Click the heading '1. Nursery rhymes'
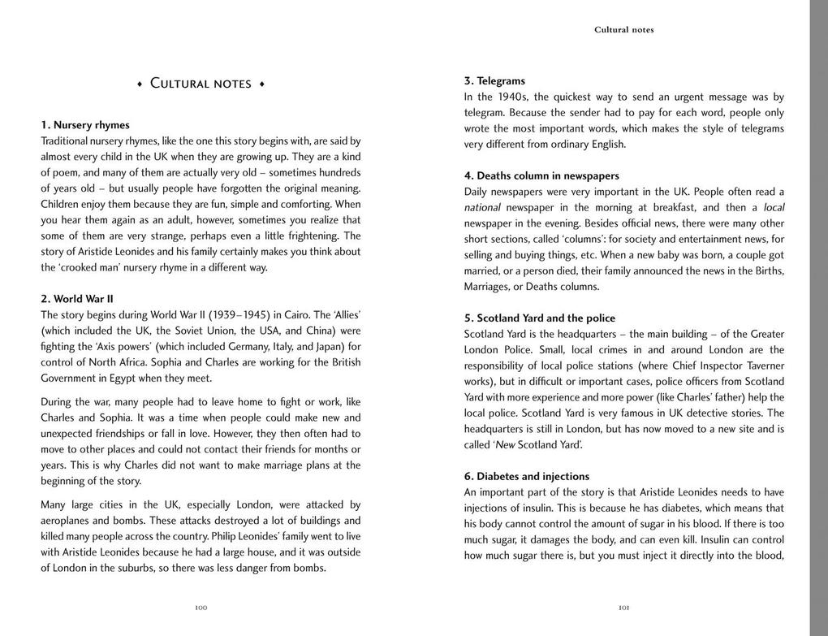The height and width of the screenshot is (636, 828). pyautogui.click(x=85, y=125)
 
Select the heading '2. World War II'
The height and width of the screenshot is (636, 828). pyautogui.click(x=77, y=299)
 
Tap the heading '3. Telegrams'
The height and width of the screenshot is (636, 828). pyautogui.click(x=494, y=81)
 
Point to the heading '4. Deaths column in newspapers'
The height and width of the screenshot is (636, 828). pyautogui.click(x=541, y=176)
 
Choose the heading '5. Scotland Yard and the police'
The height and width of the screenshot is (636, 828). pyautogui.click(x=540, y=318)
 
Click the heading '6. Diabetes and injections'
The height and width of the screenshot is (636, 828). pyautogui.click(x=527, y=477)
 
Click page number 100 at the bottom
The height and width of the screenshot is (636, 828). pyautogui.click(x=201, y=607)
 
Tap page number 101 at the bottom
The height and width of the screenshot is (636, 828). pyautogui.click(x=624, y=607)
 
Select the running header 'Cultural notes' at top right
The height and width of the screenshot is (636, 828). pyautogui.click(x=623, y=30)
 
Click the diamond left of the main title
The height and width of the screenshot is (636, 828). pyautogui.click(x=140, y=84)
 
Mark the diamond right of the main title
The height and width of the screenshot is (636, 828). pyautogui.click(x=262, y=84)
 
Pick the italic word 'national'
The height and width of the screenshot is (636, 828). pyautogui.click(x=482, y=208)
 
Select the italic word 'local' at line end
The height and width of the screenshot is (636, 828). pyautogui.click(x=774, y=208)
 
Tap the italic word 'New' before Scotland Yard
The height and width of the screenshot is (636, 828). pyautogui.click(x=505, y=445)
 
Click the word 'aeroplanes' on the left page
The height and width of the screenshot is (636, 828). pyautogui.click(x=67, y=521)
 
